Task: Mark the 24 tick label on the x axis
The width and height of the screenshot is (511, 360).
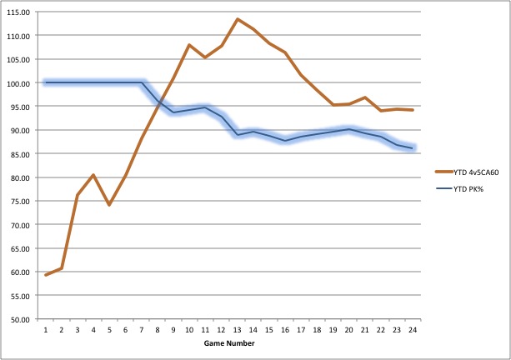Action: (412, 328)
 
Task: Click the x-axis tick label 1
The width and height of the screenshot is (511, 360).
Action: (46, 328)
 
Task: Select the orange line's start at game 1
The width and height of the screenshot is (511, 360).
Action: (46, 275)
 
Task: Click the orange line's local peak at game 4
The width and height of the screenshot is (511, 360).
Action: (93, 175)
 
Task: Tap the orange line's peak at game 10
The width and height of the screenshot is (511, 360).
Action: (189, 45)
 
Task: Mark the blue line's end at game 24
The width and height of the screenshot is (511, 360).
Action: (412, 148)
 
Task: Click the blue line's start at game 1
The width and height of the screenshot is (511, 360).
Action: (46, 82)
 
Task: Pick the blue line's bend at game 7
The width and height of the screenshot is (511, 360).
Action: (142, 82)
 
